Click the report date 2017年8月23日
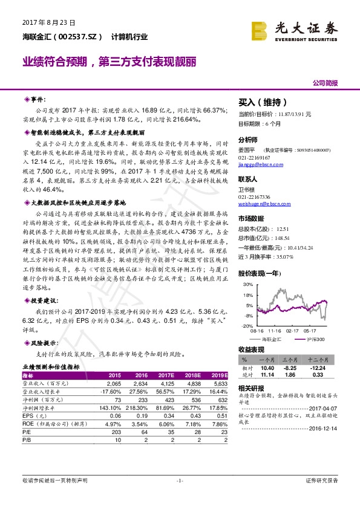click(48, 22)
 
